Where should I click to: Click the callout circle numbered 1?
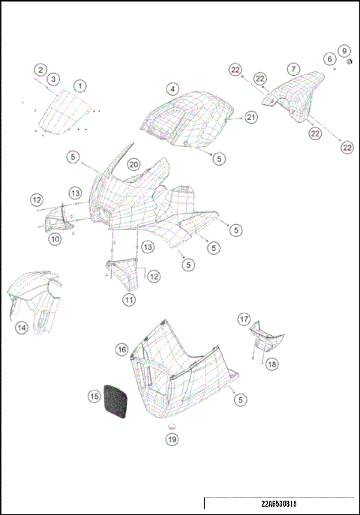[79, 86]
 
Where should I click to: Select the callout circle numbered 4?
[173, 88]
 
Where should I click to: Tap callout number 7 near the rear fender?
[293, 69]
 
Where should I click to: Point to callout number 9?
[344, 51]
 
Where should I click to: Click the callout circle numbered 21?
[250, 118]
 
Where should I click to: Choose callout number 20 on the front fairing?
[133, 164]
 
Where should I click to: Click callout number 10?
[55, 239]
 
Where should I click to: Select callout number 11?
[129, 299]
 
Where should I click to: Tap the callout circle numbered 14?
[22, 327]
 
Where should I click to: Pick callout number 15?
[94, 395]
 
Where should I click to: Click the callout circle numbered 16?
[121, 349]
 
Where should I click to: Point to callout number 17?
[244, 319]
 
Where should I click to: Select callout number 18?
[271, 364]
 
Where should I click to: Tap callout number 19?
[172, 439]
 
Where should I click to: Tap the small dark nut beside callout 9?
[349, 62]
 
